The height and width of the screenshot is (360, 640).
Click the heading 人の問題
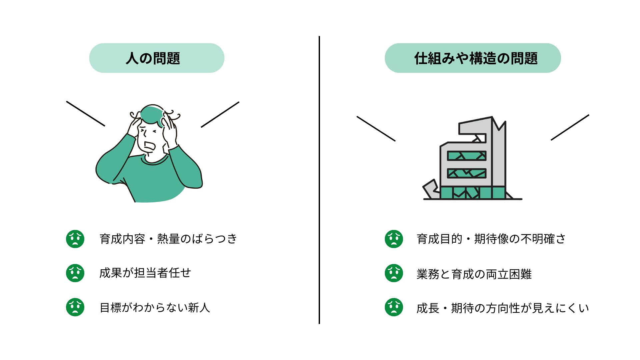pos(153,58)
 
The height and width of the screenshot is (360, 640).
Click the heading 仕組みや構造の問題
pos(476,58)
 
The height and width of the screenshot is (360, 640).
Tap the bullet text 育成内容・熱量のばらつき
pos(168,239)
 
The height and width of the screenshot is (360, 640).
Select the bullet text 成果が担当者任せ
pos(145,273)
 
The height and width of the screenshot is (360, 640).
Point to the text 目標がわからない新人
pos(155,307)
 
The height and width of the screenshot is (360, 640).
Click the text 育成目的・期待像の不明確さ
pos(491,239)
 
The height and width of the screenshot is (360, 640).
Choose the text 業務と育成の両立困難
pos(474,274)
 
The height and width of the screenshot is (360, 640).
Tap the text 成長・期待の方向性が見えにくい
pos(503,308)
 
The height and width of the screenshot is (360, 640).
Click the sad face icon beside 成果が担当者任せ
pos(75,273)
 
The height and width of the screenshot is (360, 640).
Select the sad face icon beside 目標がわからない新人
pos(75,307)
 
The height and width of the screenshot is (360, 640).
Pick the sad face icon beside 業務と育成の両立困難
pos(394,273)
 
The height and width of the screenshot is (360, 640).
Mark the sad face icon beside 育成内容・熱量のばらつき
pos(75,239)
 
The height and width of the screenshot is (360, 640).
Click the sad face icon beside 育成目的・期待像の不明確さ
pos(394,239)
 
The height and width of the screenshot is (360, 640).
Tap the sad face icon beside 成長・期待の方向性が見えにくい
pos(394,307)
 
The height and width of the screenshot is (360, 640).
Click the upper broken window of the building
pos(467,156)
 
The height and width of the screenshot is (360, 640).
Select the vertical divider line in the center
pos(319,180)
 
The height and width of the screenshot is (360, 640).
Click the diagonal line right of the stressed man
pos(220,114)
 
